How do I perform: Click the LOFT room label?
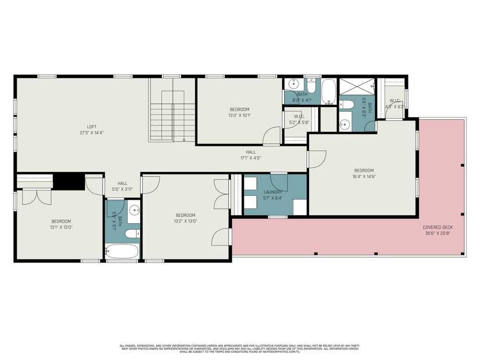[92, 130]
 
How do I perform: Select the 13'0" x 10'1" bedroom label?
[239, 112]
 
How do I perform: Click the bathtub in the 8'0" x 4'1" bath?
[328, 91]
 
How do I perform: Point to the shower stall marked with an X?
[356, 86]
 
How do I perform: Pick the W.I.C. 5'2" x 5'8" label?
[299, 120]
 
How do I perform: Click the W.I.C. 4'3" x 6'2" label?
[395, 104]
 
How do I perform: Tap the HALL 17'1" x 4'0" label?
[251, 155]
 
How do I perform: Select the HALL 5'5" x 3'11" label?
[122, 186]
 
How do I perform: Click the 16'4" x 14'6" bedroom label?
[364, 173]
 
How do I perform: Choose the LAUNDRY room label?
[273, 194]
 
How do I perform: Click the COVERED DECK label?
[437, 230]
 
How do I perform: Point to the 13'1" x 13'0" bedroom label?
[61, 224]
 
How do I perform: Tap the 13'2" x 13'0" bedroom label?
[185, 218]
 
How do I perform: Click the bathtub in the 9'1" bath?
[122, 251]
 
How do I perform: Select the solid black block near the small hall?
[65, 181]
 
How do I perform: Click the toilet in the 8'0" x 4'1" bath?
[311, 86]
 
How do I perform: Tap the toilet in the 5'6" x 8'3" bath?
[347, 104]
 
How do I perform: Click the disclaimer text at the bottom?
[240, 348]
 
